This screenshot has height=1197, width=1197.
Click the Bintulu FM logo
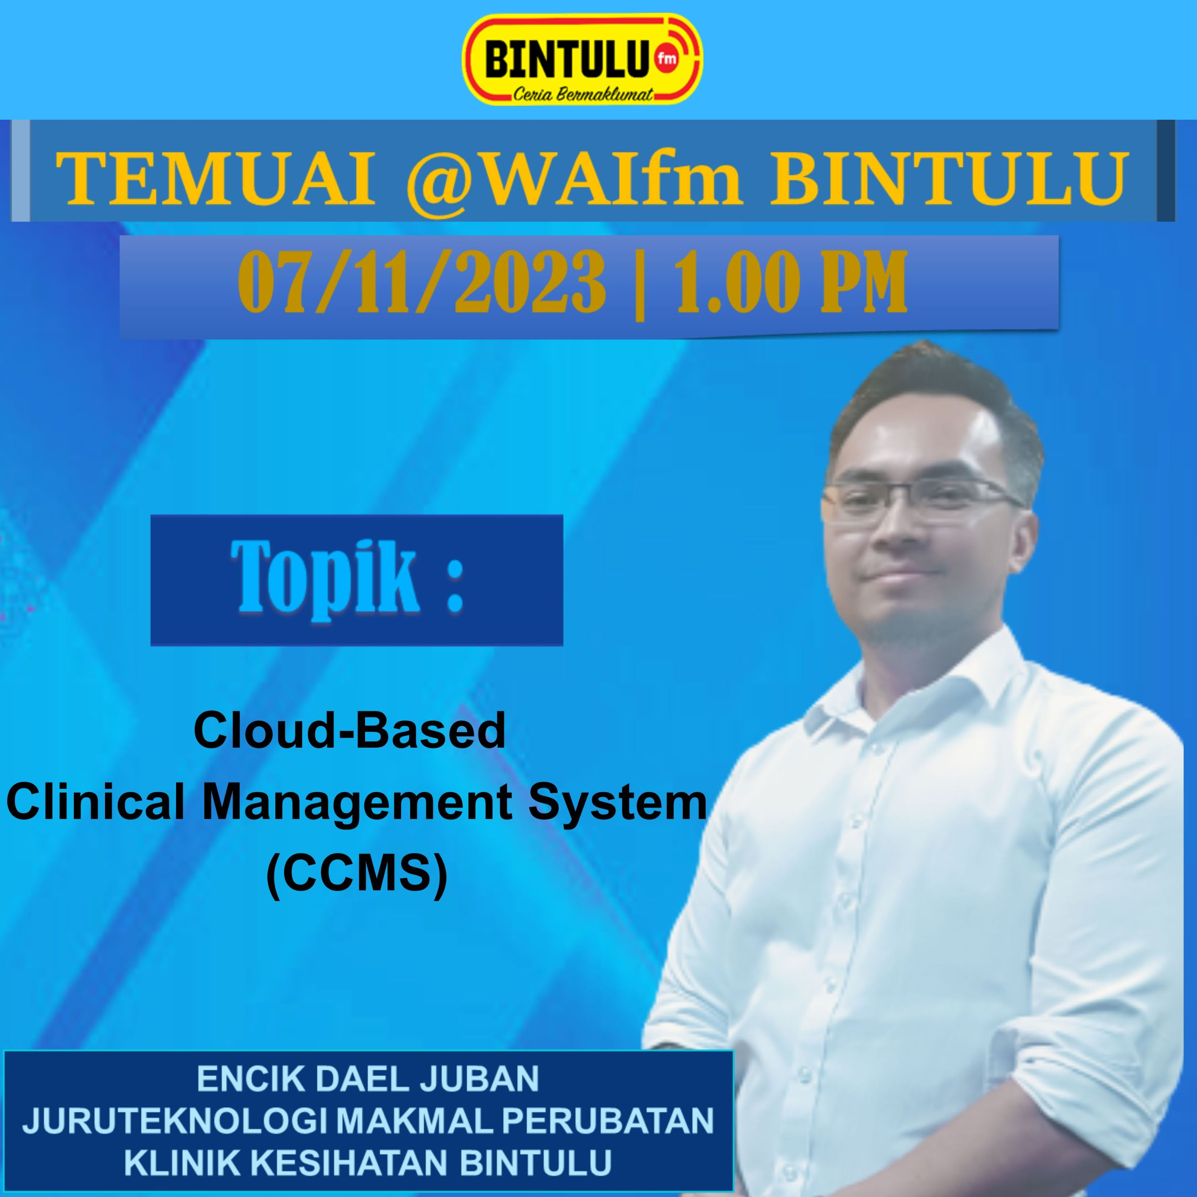coord(583,60)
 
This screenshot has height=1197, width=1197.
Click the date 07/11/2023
coord(421,282)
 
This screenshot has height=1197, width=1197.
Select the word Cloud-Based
coord(350,730)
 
